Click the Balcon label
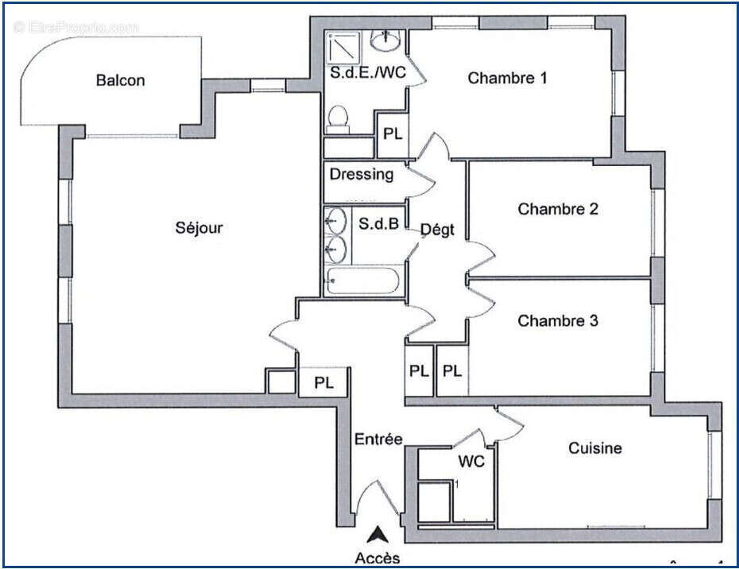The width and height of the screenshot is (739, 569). [x=120, y=80]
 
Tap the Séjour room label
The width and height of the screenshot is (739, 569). [x=199, y=228]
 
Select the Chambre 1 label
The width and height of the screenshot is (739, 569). [x=507, y=78]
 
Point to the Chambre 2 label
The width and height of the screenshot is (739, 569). [x=558, y=209]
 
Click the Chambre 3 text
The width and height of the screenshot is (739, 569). [x=558, y=321]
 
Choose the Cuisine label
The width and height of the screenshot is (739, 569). [x=594, y=448]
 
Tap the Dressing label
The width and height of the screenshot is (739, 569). [x=362, y=174]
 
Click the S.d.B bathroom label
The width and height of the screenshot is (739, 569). [x=378, y=225]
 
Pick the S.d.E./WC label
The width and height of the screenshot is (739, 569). [x=368, y=72]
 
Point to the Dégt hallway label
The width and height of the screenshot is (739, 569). [x=437, y=230]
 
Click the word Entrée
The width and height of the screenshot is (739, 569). [x=378, y=439]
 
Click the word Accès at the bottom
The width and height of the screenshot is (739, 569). [x=378, y=558]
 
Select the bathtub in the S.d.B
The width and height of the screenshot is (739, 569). [x=363, y=281]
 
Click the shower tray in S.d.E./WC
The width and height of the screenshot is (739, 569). [x=346, y=47]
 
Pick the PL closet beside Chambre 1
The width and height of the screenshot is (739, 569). [x=393, y=134]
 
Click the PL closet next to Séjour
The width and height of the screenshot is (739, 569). [x=323, y=383]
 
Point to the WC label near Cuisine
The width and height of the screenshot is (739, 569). [x=470, y=461]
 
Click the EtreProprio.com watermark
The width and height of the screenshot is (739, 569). [x=76, y=28]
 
